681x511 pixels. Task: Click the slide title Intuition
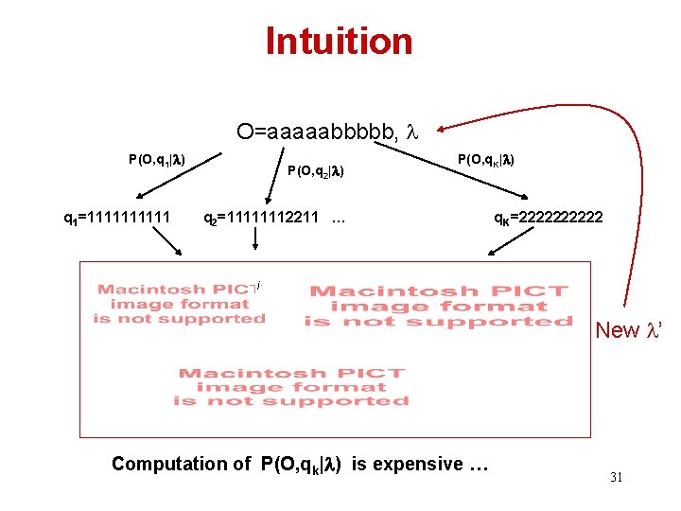click(x=339, y=42)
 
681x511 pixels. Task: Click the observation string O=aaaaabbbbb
click(x=317, y=132)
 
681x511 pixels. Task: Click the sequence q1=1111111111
click(x=116, y=219)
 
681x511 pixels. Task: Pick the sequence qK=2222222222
click(x=549, y=219)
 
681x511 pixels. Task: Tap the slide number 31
click(x=616, y=477)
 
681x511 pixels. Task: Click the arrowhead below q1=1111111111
click(x=180, y=253)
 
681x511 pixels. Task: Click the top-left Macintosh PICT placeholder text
click(x=180, y=304)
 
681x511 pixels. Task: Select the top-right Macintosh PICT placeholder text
click(x=438, y=307)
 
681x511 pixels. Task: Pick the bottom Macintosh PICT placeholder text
click(x=291, y=386)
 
